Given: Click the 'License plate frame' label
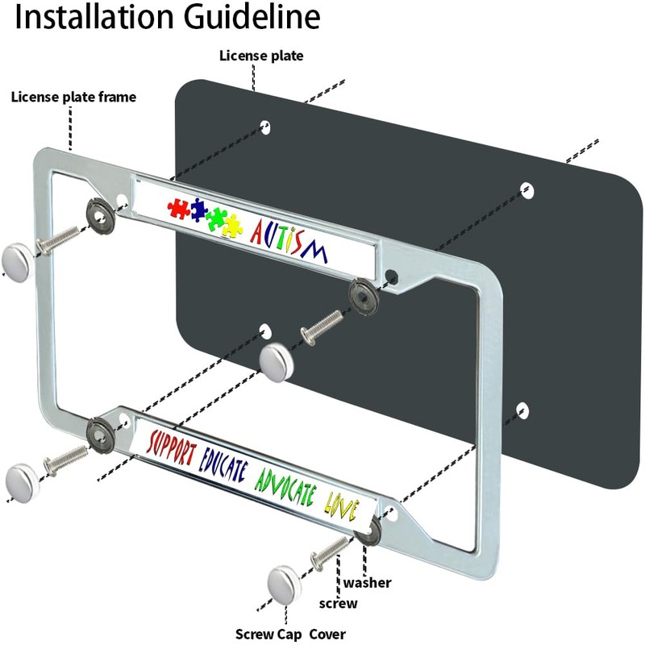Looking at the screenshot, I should pyautogui.click(x=73, y=98).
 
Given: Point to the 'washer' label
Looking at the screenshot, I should pyautogui.click(x=368, y=582).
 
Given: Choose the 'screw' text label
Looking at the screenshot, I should pyautogui.click(x=339, y=603).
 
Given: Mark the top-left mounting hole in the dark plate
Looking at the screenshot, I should pyautogui.click(x=265, y=127).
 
